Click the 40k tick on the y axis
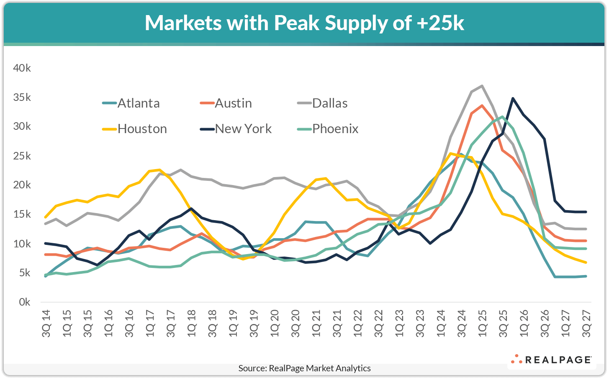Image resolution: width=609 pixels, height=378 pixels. pos(22,68)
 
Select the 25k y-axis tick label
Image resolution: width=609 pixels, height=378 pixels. pos(22,156)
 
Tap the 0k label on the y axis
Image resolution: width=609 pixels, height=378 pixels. pos(24,302)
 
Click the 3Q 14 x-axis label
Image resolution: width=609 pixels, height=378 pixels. pos(46,323)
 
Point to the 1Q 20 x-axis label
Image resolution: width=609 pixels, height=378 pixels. pos(275,323)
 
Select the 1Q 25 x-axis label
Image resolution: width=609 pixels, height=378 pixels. pos(482,323)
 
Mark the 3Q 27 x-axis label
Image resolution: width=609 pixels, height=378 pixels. pos(586,323)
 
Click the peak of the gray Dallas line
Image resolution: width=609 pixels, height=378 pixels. pos(482,86)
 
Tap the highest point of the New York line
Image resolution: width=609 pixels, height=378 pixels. pos(513,98)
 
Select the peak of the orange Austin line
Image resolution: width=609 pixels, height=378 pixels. pos(482,105)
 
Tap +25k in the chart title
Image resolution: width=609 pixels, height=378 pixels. pos(440,23)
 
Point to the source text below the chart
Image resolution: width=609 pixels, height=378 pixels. pos(304,368)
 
